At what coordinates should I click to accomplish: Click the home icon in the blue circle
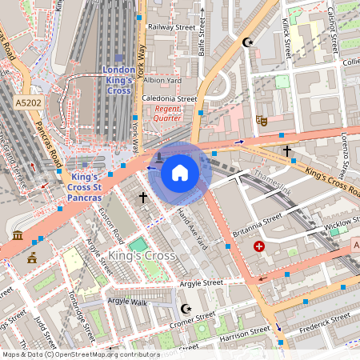click(180, 172)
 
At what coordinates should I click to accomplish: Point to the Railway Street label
click(171, 26)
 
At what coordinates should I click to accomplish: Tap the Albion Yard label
click(163, 80)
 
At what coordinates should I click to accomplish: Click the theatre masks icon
click(260, 120)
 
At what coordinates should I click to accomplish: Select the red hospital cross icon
click(258, 247)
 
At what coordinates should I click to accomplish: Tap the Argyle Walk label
click(128, 301)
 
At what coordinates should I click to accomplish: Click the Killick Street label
click(286, 40)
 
